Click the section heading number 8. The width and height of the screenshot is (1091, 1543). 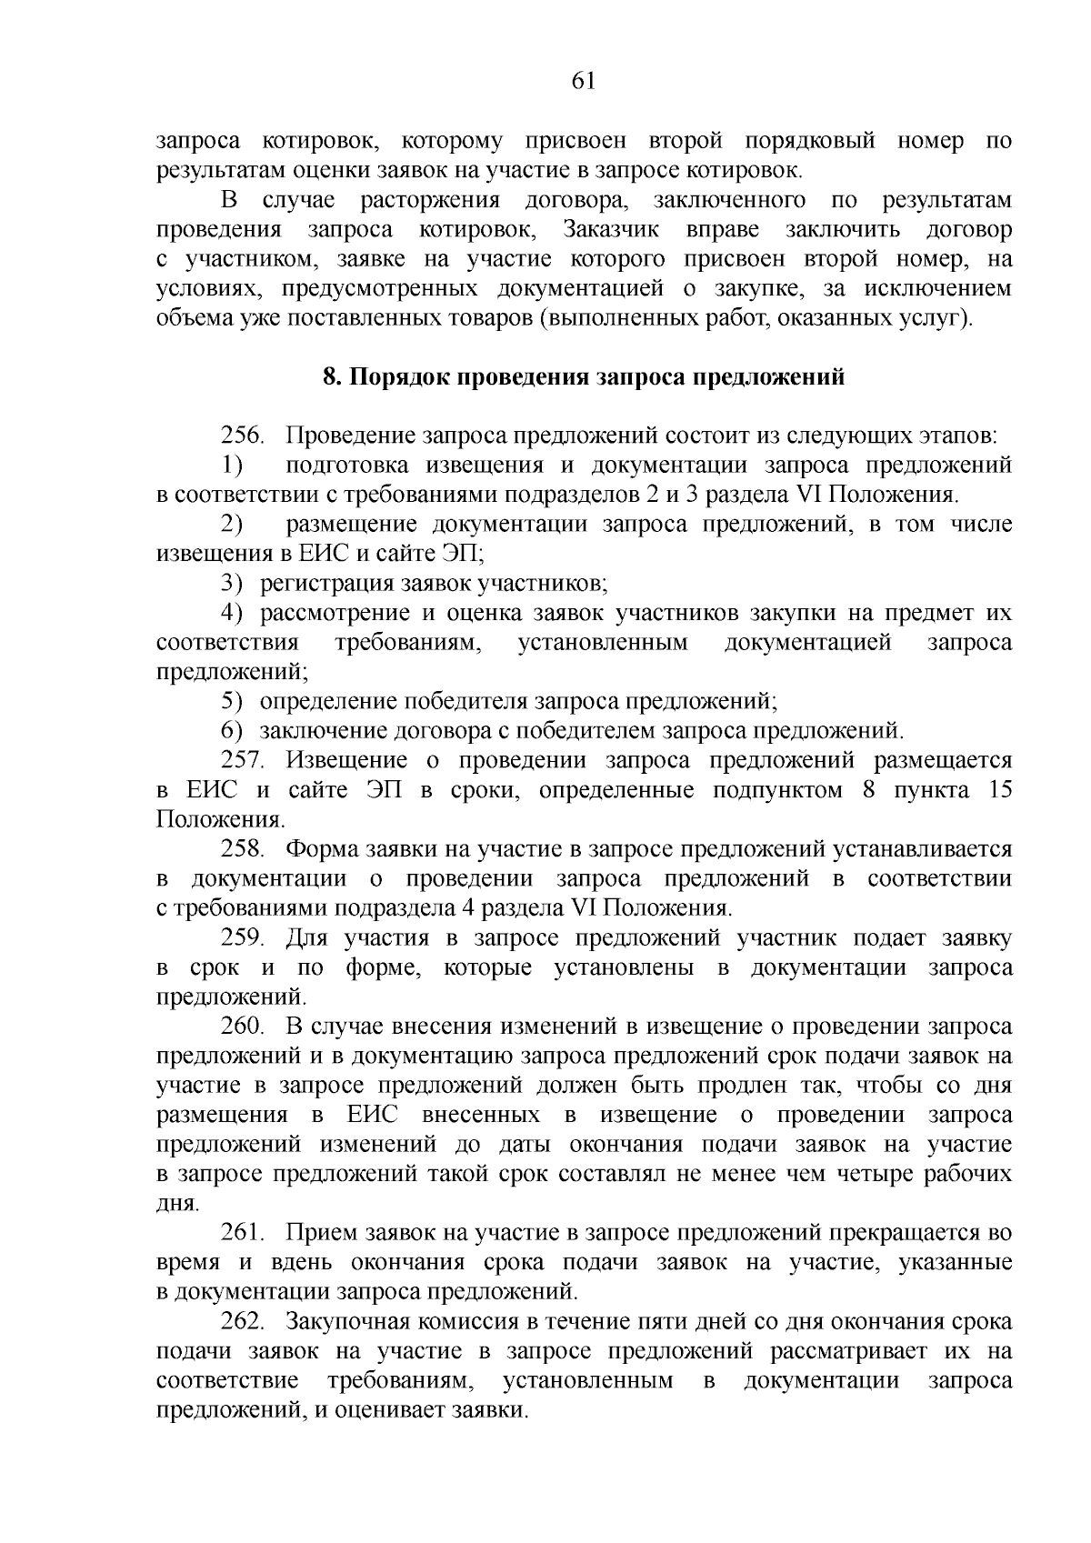[x=329, y=377]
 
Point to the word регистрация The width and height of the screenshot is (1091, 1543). [x=318, y=584]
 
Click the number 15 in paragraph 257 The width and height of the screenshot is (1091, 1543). [x=999, y=789]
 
